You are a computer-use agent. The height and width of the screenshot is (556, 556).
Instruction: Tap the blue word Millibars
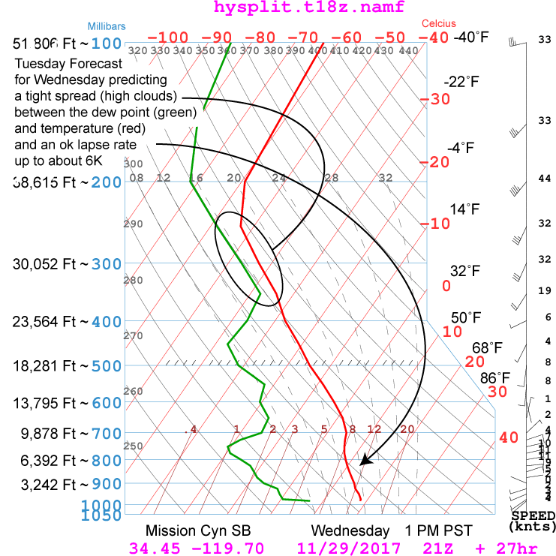click(x=106, y=25)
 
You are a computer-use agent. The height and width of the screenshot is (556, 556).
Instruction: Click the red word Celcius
click(x=439, y=24)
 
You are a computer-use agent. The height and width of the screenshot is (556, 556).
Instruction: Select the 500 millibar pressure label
click(x=107, y=366)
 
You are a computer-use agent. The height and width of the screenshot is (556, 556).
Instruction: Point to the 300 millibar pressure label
click(x=107, y=264)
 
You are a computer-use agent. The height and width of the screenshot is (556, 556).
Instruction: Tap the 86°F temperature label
click(x=495, y=377)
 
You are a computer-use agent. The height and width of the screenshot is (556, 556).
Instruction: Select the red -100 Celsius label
click(x=167, y=38)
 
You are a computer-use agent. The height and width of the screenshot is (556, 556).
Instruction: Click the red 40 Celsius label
click(x=509, y=437)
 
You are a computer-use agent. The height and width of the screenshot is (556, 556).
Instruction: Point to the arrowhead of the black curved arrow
click(x=362, y=461)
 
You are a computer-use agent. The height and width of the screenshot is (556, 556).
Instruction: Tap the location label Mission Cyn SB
click(x=191, y=530)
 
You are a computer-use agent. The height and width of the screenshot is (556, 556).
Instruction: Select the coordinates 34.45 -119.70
click(x=197, y=548)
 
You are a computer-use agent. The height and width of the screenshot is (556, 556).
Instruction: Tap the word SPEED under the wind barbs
click(x=533, y=516)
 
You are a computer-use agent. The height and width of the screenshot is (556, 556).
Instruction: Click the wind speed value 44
click(x=545, y=179)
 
